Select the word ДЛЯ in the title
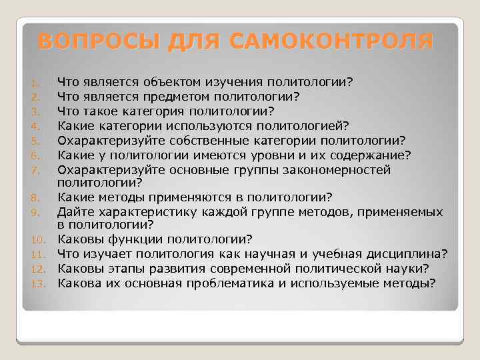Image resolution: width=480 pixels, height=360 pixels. coord(193,41)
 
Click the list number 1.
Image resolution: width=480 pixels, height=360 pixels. coord(39,83)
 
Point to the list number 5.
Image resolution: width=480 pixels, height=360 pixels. coord(39,141)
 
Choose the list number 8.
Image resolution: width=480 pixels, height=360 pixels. coord(39,198)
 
